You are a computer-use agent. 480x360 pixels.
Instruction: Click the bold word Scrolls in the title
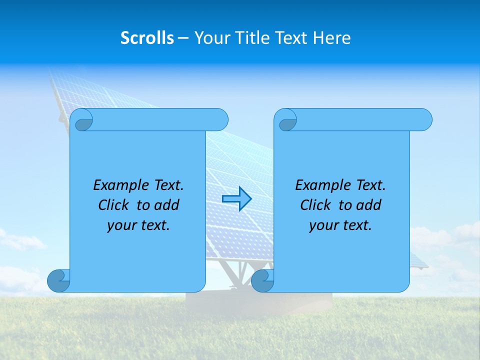147,38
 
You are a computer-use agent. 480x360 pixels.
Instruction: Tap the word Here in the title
332,38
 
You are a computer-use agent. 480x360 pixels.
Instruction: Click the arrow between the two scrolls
236,199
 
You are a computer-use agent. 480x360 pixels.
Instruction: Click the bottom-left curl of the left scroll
59,280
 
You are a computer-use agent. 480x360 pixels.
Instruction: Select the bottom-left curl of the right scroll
263,280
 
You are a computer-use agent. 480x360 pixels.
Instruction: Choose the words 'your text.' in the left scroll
138,225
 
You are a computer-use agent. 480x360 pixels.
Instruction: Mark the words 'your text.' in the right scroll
340,225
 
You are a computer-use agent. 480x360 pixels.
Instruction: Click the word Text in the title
290,38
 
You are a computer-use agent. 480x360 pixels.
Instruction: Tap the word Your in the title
209,38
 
